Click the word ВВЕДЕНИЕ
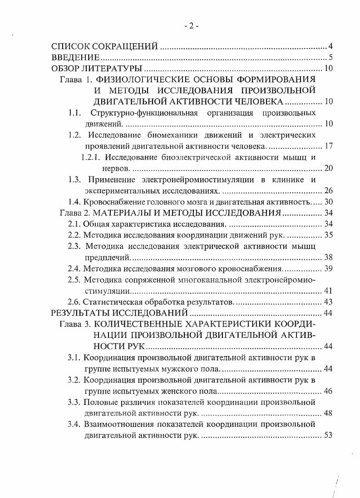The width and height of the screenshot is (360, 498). click(x=75, y=57)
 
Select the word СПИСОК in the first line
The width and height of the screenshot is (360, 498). click(x=70, y=46)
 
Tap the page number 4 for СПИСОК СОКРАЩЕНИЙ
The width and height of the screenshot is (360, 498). click(x=331, y=46)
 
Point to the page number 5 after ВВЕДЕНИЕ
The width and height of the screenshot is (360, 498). click(x=331, y=58)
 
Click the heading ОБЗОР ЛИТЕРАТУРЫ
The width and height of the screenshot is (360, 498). click(x=97, y=68)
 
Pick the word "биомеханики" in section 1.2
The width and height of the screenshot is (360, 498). click(x=169, y=135)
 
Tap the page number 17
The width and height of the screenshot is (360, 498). click(x=329, y=146)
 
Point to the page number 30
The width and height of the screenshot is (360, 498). click(x=329, y=201)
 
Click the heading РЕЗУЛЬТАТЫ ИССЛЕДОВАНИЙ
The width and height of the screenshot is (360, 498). click(x=119, y=313)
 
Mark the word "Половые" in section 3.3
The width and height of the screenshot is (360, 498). click(x=98, y=402)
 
